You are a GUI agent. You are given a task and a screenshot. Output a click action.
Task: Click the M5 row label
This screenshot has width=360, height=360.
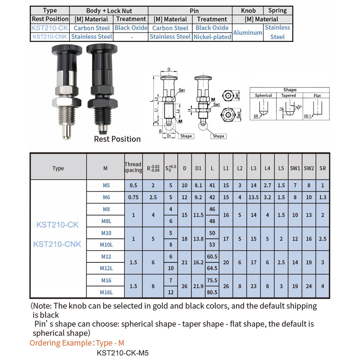[x=106, y=186]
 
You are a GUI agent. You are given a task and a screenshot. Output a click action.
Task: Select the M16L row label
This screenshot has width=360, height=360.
[x=106, y=292]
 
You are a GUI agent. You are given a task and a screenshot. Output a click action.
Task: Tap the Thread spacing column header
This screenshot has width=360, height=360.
[x=133, y=167]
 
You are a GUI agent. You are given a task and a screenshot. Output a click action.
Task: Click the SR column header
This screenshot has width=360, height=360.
[x=322, y=168]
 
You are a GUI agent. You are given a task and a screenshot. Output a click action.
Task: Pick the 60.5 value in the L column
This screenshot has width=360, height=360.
[x=212, y=257]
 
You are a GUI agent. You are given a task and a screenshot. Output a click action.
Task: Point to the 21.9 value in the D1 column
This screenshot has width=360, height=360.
[x=198, y=286]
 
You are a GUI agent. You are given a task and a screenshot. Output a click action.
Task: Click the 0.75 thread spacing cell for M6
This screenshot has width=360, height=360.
[x=133, y=197]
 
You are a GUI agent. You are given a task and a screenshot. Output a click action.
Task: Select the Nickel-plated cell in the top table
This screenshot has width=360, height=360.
[x=212, y=37]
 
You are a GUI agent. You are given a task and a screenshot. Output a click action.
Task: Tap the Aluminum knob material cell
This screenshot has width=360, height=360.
[x=248, y=32]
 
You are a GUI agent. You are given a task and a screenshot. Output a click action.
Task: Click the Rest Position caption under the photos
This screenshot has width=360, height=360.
[x=117, y=139]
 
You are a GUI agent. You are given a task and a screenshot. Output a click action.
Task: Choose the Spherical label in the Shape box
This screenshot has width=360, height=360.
[x=264, y=96]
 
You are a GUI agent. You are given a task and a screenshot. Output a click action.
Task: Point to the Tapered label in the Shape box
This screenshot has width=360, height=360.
[x=288, y=96]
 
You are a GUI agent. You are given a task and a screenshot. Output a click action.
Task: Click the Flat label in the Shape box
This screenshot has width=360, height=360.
[x=317, y=96]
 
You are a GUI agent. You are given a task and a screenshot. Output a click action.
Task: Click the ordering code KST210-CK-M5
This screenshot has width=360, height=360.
[x=123, y=353]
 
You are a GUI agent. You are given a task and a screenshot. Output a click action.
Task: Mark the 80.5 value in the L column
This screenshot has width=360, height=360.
[x=212, y=292]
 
